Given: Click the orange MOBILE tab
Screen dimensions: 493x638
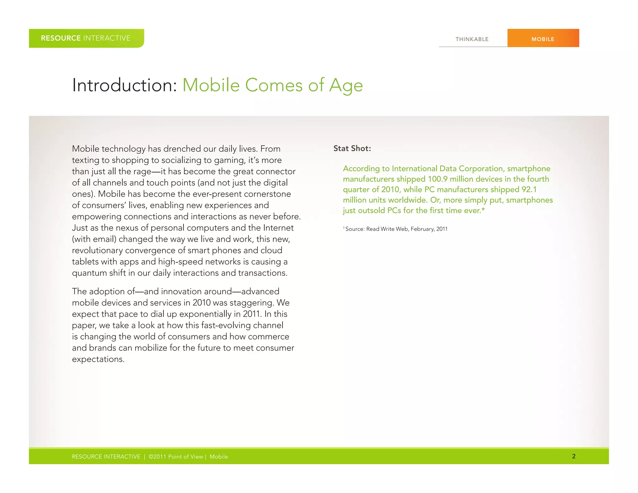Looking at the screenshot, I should pos(543,39).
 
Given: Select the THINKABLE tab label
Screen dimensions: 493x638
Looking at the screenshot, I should pos(472,39).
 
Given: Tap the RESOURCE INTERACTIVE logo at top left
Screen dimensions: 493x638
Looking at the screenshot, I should pos(86,38).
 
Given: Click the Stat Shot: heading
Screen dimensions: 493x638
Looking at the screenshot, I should pos(352,148).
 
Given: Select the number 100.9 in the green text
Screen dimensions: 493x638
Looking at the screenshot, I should pos(438,179).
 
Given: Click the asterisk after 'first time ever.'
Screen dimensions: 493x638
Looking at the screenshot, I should pos(483,210).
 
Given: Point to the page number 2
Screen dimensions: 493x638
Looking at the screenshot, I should pos(574,456).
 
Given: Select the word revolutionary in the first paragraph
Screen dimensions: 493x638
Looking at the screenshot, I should pos(97,250).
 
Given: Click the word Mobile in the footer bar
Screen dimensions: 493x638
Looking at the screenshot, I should pos(219,457).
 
